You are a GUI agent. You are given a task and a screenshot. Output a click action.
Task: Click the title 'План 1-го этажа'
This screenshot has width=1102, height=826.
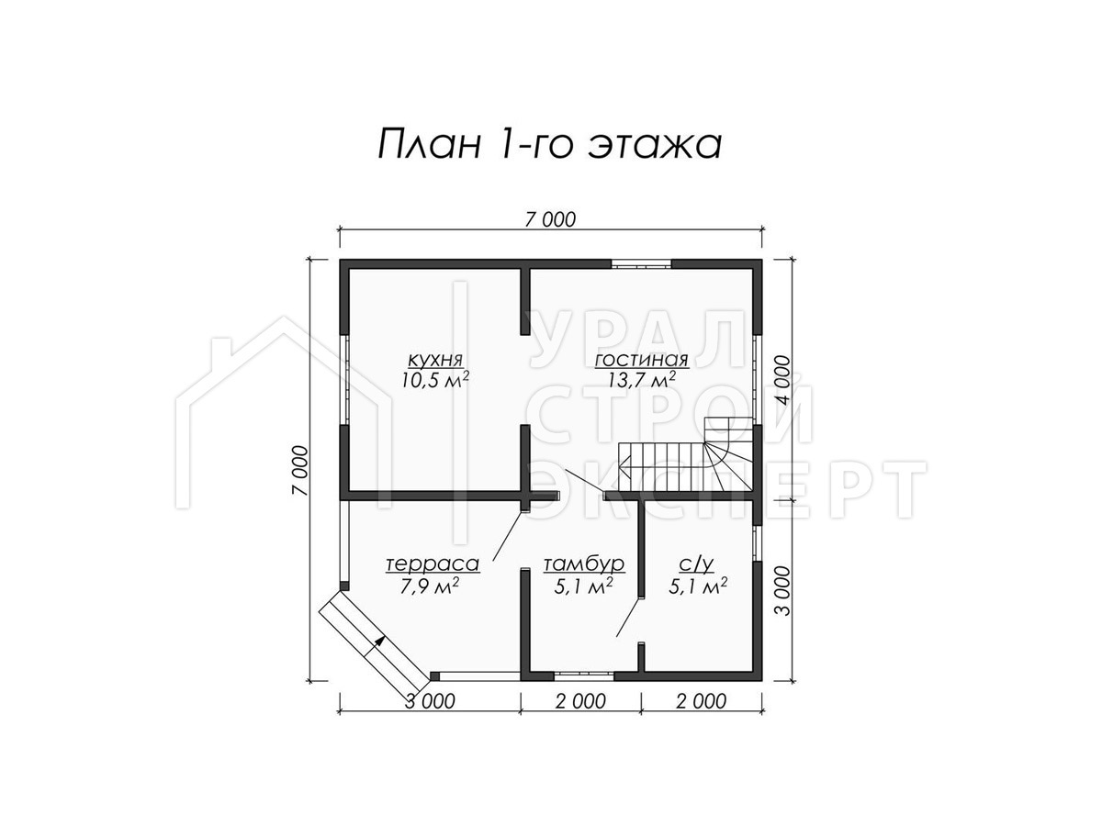point(550,145)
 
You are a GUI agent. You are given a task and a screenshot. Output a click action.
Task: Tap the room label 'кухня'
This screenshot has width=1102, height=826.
point(434,360)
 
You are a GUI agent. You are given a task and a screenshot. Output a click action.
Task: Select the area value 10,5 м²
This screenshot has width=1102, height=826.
point(434,380)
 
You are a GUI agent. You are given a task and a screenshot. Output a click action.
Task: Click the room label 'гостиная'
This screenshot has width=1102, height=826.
point(641,360)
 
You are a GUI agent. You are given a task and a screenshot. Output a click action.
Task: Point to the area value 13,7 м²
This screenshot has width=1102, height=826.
point(641,380)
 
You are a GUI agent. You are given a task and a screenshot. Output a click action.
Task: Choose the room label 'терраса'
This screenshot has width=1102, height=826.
point(433,564)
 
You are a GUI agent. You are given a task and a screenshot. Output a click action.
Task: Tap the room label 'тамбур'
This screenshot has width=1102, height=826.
point(584,564)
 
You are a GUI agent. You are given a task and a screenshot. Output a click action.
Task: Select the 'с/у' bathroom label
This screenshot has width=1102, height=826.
point(696,564)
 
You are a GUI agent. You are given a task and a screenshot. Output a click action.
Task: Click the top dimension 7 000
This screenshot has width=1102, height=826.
point(550,219)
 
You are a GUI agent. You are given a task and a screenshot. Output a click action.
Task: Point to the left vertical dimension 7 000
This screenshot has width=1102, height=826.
point(299,471)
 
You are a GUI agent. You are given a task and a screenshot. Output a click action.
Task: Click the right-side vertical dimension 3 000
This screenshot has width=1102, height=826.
point(782,591)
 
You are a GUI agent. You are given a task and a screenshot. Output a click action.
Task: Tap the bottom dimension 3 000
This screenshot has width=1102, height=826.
point(431,701)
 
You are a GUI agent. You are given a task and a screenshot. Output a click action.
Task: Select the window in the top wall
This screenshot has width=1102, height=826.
point(641,264)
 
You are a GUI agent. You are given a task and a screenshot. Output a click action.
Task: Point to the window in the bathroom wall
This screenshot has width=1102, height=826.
point(757,542)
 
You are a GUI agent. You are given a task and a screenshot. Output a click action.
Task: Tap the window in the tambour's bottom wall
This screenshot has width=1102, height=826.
point(583,675)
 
